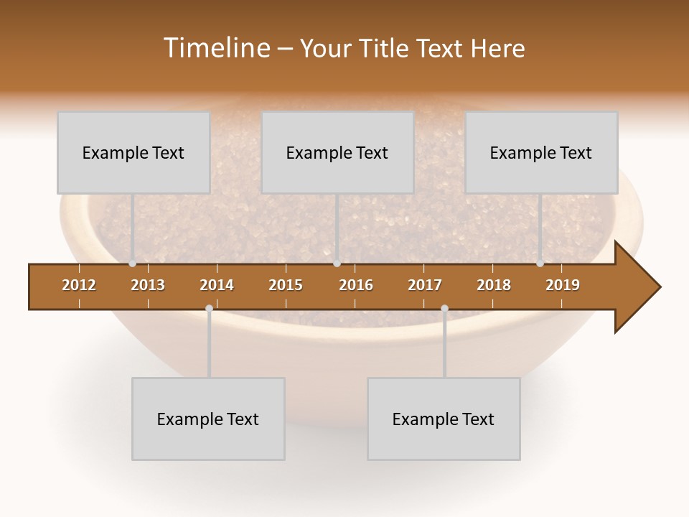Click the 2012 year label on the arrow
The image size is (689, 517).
(79, 285)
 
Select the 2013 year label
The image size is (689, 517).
(148, 285)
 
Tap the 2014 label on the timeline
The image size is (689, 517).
(217, 285)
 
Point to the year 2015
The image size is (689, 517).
(286, 285)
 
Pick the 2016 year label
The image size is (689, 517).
(356, 285)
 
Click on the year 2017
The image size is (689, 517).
(425, 285)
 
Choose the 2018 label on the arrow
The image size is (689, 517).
(494, 285)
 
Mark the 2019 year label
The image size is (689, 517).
(563, 285)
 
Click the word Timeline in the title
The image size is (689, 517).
(217, 48)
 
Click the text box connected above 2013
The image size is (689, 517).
(133, 152)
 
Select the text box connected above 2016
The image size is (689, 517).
(337, 152)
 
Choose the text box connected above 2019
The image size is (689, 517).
(541, 152)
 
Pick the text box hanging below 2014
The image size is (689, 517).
(208, 419)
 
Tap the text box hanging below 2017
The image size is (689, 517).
(444, 419)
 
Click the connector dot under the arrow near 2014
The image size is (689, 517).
(209, 308)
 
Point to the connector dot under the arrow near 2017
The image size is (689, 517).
(444, 308)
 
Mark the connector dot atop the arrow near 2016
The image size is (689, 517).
(337, 264)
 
